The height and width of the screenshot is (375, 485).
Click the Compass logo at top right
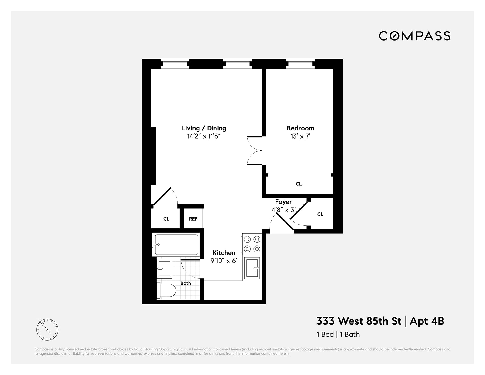click(x=414, y=36)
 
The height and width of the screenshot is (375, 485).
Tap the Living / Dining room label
click(x=204, y=128)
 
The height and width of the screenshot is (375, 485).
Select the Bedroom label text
click(x=300, y=128)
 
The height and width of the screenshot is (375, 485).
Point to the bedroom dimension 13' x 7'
click(x=300, y=136)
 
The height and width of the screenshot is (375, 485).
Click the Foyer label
click(x=283, y=202)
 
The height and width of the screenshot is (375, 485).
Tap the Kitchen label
click(x=224, y=253)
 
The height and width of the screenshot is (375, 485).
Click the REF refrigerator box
click(x=193, y=219)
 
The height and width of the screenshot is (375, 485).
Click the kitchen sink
click(x=252, y=268)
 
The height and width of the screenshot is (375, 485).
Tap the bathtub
click(x=176, y=245)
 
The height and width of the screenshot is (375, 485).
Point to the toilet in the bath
click(x=166, y=291)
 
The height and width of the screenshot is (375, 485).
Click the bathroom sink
click(x=164, y=268)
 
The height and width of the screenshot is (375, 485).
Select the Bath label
click(x=186, y=283)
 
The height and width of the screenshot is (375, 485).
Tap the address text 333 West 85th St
click(x=359, y=321)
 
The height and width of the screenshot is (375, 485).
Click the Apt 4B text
click(x=427, y=321)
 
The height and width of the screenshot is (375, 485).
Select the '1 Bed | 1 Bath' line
click(x=338, y=334)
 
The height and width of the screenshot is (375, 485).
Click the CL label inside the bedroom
click(x=299, y=184)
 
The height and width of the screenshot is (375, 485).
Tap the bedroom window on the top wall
click(x=300, y=64)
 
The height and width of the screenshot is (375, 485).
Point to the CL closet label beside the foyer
click(x=320, y=214)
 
